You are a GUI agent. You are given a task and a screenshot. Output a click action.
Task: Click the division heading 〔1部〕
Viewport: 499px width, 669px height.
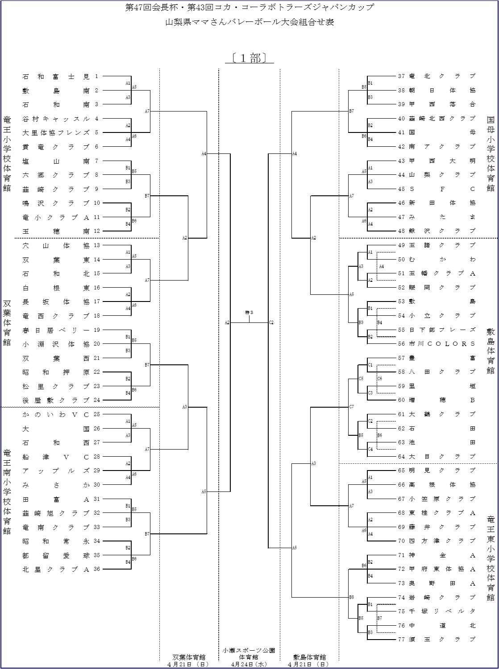point(249,58)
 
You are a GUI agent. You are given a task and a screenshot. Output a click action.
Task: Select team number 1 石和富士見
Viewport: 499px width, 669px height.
point(56,76)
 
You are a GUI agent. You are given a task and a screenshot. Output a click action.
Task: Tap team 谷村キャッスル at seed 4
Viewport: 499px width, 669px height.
point(56,119)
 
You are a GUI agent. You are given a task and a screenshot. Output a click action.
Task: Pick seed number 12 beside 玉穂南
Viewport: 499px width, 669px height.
point(97,231)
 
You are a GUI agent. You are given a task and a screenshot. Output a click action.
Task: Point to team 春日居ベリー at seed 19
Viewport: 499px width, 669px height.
point(56,330)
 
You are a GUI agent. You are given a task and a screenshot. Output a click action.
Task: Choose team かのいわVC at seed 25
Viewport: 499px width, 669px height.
point(56,414)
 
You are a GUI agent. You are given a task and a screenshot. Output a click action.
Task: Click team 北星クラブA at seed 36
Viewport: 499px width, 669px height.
point(56,570)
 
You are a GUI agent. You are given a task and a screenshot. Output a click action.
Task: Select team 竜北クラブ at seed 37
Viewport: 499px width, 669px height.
point(442,76)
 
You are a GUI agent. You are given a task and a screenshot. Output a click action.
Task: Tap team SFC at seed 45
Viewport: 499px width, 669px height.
point(442,189)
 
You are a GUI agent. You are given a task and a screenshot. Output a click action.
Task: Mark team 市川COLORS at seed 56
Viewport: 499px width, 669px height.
point(442,344)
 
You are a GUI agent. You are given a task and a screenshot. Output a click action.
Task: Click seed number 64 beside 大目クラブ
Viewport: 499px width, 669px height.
point(401,456)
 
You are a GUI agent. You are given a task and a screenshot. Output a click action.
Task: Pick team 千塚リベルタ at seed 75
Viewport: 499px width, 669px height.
point(442,611)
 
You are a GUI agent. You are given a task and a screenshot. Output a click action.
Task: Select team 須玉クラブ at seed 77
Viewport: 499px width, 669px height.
point(442,640)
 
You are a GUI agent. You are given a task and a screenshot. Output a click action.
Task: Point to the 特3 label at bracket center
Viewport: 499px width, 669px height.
point(249,312)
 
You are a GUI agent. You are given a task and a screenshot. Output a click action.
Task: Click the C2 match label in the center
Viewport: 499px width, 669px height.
point(271,322)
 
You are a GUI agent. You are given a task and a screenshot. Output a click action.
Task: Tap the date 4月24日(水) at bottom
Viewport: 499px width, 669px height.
point(249,664)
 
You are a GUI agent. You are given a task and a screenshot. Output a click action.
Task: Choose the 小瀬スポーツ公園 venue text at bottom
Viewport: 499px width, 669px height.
point(249,651)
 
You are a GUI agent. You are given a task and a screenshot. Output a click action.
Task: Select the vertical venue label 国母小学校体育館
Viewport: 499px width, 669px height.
point(491,154)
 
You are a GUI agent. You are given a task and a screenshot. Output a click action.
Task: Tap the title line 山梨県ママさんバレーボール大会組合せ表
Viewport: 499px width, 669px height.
point(249,22)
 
